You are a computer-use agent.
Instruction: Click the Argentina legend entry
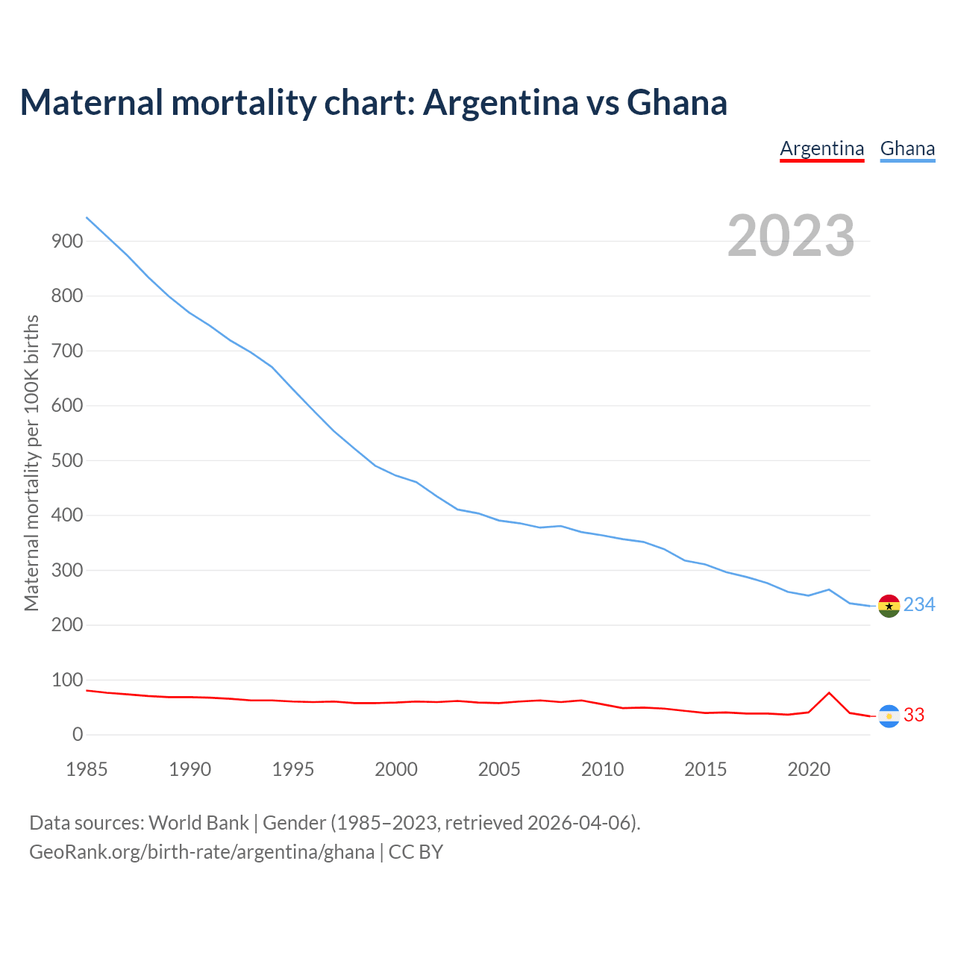(821, 148)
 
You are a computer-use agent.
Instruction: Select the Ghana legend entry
(907, 148)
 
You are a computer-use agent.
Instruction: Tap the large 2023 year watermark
(791, 236)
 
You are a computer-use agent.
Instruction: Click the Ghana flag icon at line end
(889, 606)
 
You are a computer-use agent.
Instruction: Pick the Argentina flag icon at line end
(889, 716)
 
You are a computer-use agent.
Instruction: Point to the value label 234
(919, 604)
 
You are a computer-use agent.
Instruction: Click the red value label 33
(914, 715)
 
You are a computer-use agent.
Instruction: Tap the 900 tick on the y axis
(67, 241)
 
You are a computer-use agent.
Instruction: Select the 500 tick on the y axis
(67, 460)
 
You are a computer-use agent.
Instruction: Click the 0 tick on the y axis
(78, 735)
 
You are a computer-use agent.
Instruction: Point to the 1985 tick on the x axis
(87, 769)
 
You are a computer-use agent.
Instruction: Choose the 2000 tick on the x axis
(396, 769)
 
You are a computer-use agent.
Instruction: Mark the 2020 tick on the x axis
(809, 769)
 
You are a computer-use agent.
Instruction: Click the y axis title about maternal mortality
(31, 463)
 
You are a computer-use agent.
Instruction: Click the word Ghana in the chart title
(677, 103)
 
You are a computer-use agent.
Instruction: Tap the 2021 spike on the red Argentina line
(829, 692)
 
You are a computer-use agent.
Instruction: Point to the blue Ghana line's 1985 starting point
(87, 217)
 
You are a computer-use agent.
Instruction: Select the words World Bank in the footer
(198, 823)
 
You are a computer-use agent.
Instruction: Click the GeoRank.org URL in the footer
(201, 852)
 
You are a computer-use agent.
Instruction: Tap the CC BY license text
(416, 852)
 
